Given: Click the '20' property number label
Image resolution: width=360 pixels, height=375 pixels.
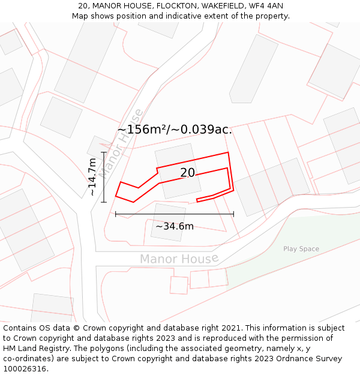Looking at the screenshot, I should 187,173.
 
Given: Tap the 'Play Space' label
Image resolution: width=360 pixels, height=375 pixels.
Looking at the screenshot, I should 301,249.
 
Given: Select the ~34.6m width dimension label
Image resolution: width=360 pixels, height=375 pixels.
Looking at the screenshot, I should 175,226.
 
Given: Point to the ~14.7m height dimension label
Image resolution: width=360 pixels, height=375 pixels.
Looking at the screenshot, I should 92,177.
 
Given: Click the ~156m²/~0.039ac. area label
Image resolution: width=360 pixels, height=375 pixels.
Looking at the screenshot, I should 174,130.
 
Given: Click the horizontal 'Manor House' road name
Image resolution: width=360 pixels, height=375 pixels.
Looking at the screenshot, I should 179,259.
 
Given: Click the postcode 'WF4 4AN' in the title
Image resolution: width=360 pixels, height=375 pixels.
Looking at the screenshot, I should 265,6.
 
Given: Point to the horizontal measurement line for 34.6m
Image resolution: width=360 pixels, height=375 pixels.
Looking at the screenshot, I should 175,214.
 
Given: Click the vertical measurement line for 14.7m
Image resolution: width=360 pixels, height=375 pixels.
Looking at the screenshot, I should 104,177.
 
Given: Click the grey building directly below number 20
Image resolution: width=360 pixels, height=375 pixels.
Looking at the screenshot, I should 168,222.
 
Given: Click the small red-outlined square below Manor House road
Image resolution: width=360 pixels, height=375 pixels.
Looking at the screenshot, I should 179,284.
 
